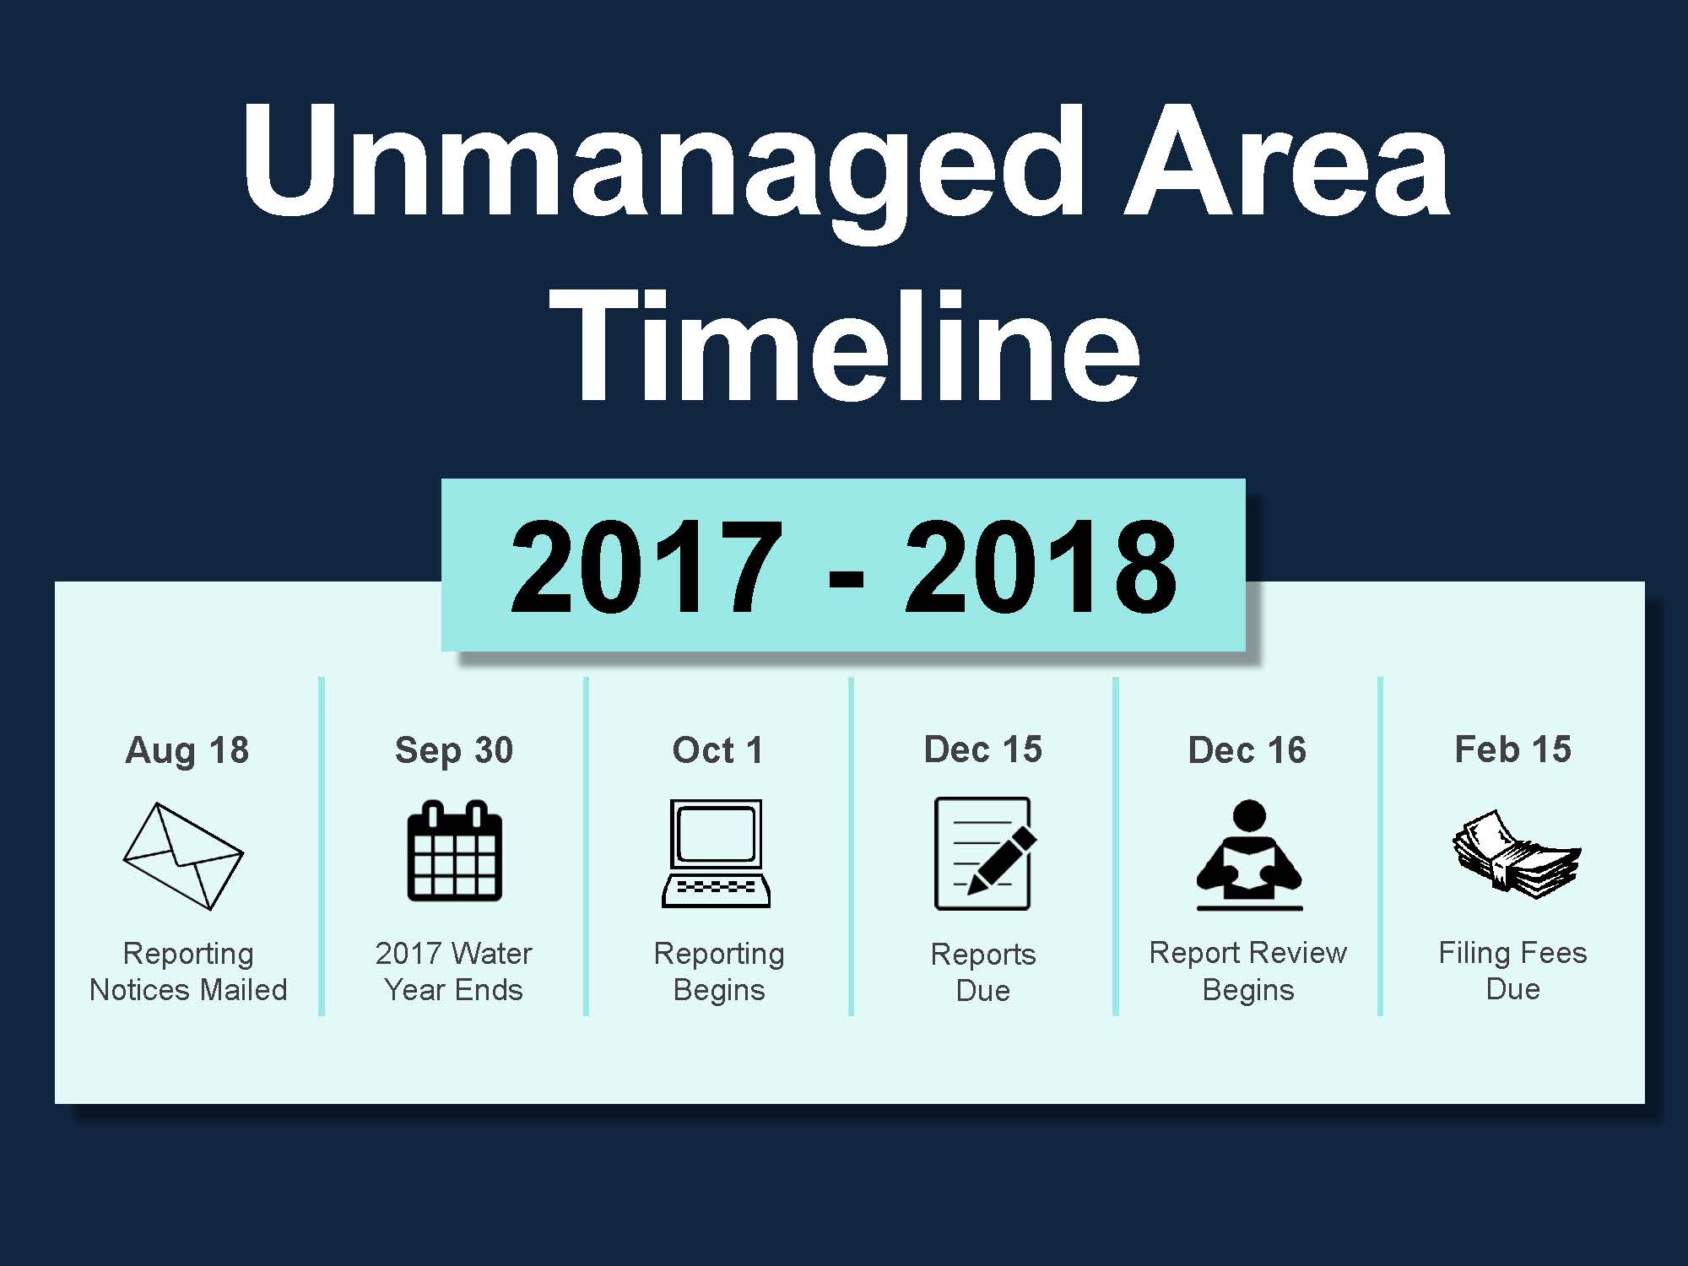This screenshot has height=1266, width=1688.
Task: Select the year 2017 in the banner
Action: (x=646, y=567)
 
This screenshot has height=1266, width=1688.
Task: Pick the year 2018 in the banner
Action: (x=1041, y=567)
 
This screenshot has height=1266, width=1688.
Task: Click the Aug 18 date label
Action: (x=187, y=750)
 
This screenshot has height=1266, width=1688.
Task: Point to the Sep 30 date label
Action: (x=454, y=750)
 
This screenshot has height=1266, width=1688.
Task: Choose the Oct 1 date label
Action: (x=717, y=749)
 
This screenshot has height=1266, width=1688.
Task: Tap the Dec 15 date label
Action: (x=983, y=749)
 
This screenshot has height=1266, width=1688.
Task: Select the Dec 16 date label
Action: (x=1247, y=749)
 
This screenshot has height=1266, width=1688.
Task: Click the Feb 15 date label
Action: (x=1513, y=749)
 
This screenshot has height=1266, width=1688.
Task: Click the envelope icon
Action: (x=183, y=856)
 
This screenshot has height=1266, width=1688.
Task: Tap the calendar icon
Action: (x=455, y=851)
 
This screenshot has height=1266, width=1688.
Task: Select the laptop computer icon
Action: (x=717, y=853)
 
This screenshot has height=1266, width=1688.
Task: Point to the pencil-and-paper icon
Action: (x=985, y=853)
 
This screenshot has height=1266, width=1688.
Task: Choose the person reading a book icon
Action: (x=1249, y=855)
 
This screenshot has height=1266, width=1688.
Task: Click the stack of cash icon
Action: (x=1517, y=854)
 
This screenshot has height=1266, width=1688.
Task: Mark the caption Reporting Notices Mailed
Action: (x=188, y=971)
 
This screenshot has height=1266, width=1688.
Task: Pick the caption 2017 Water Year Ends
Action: (x=454, y=971)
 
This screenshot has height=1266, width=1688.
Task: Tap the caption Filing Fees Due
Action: (x=1513, y=971)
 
